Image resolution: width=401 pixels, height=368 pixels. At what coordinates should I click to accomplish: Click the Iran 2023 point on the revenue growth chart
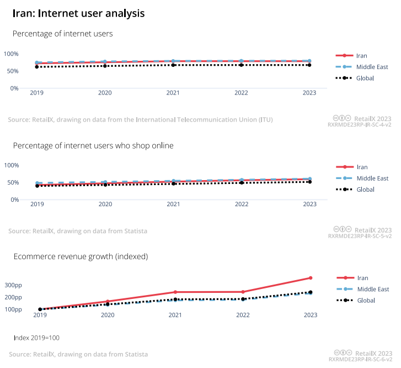311,278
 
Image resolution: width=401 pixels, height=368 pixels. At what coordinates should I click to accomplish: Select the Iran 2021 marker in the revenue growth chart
175,292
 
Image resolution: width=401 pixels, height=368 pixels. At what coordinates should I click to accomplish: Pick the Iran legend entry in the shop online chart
362,167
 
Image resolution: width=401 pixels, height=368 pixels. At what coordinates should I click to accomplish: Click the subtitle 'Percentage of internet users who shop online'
93,146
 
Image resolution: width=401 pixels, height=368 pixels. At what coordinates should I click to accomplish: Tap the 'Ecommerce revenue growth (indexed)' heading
81,256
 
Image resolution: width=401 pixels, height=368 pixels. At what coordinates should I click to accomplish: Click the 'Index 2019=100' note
36,338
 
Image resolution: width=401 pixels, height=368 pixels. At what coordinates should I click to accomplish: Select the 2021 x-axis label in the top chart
173,93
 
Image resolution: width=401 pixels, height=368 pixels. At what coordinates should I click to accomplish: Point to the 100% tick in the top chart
12,54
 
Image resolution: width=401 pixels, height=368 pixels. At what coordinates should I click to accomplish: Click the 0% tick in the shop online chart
15,199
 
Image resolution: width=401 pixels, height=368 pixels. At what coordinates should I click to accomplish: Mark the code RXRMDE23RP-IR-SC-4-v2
360,125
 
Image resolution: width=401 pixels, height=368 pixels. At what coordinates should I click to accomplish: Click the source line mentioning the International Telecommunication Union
140,119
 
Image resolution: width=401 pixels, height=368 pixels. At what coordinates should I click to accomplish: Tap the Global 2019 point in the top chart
37,66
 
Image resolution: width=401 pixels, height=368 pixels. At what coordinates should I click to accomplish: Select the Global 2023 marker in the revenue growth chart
311,292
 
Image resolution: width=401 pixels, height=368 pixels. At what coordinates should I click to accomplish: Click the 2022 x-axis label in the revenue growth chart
243,315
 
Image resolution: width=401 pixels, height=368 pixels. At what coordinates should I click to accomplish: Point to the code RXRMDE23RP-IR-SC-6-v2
360,359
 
